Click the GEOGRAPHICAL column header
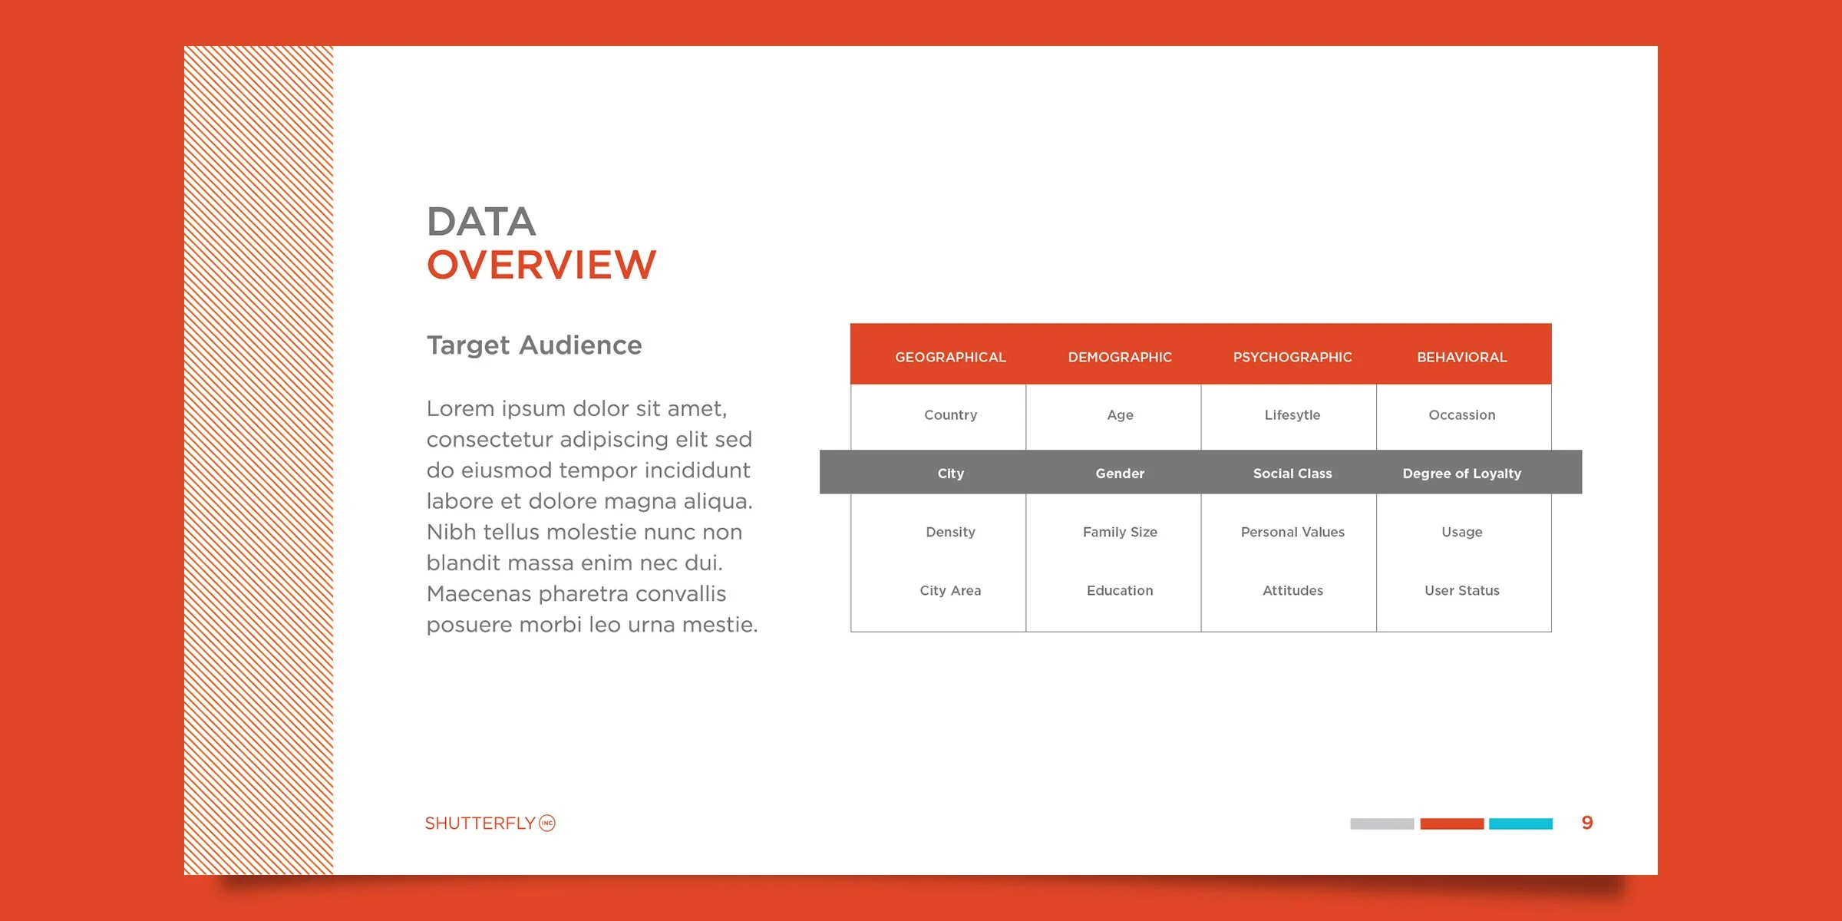tap(950, 357)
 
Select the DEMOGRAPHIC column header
tap(1120, 357)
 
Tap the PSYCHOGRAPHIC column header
tap(1292, 357)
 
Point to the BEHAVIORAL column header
tap(1462, 357)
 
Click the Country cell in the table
tap(950, 415)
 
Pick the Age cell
tap(1120, 415)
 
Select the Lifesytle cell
tap(1292, 415)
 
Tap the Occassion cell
tap(1462, 415)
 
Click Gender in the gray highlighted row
tap(1120, 474)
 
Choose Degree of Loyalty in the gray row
tap(1462, 474)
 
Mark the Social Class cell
tap(1292, 474)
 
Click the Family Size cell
tap(1120, 532)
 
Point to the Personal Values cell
tap(1292, 532)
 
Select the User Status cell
tap(1462, 590)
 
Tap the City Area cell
tap(950, 590)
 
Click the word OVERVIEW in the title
tap(541, 265)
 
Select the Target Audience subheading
tap(534, 345)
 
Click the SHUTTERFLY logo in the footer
tap(490, 823)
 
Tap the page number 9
tap(1587, 823)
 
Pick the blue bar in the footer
tap(1520, 824)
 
